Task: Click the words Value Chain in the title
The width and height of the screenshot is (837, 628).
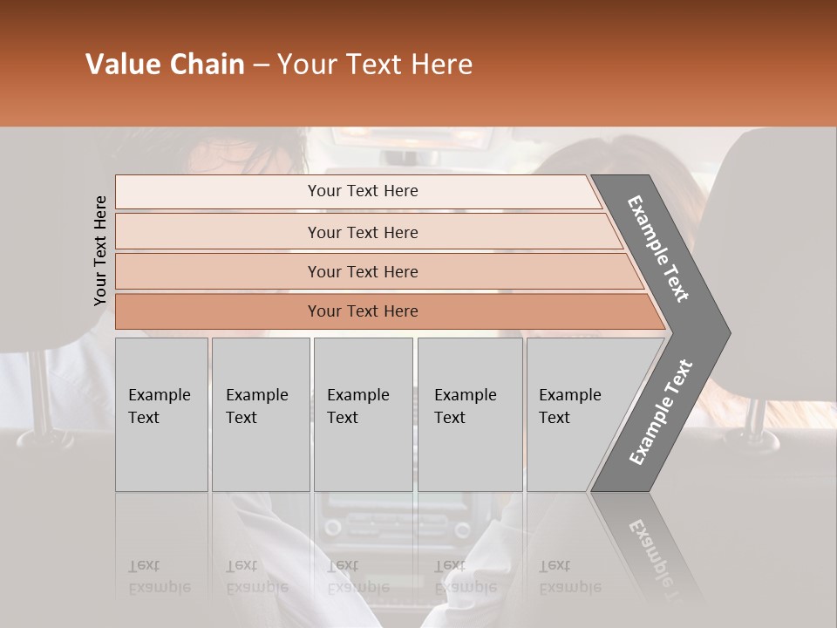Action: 165,65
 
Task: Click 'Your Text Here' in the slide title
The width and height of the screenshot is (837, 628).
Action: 375,65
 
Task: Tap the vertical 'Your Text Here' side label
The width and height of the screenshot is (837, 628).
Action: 100,250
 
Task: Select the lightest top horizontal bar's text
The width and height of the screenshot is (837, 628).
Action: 363,191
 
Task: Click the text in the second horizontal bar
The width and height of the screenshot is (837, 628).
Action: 363,232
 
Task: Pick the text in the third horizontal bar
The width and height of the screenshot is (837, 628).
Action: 363,271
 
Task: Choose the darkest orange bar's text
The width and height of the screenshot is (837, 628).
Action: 363,311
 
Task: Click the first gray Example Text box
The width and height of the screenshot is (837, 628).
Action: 160,413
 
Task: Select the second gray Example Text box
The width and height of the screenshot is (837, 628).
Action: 260,413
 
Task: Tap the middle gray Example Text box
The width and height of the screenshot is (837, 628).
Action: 362,413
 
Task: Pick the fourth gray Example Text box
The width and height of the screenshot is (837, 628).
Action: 469,413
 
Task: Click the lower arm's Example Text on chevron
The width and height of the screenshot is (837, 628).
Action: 660,413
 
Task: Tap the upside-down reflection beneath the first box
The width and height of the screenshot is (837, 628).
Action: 160,577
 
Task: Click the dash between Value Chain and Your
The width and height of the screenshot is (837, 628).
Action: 261,65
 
